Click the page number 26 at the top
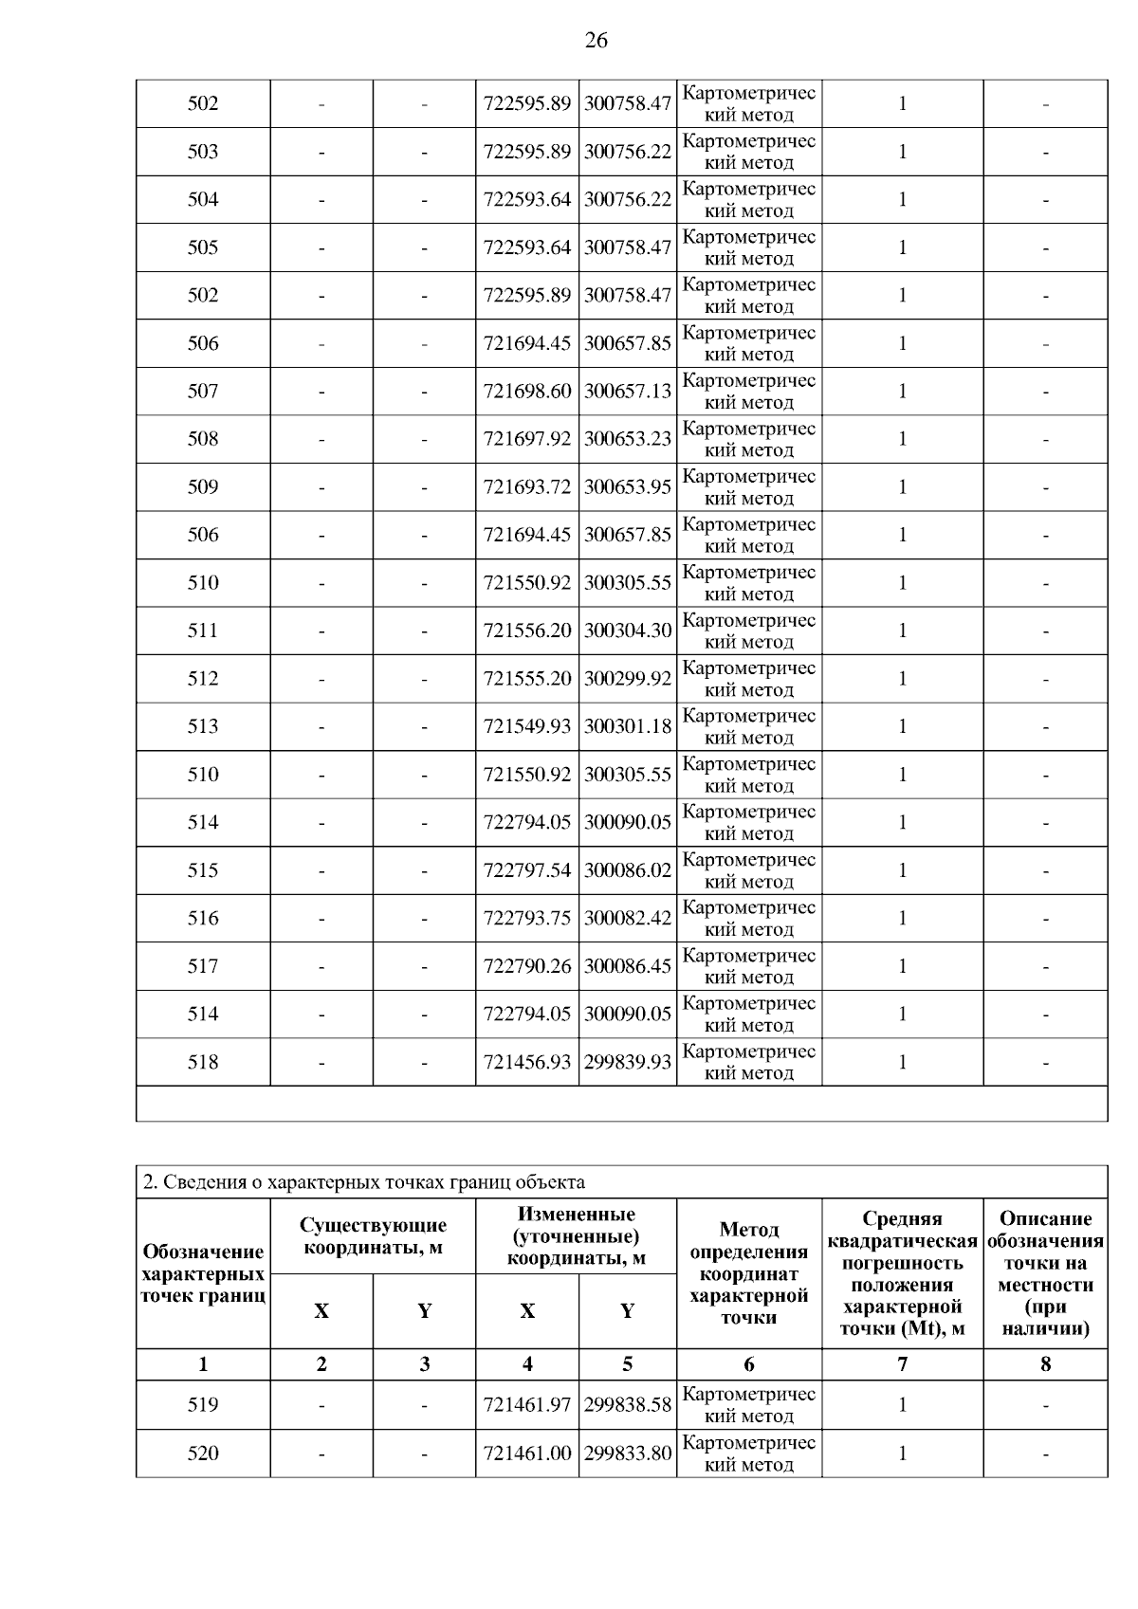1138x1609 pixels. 596,40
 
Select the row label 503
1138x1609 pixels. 203,152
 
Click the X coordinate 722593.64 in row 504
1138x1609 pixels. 527,199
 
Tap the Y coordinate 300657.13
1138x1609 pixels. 628,391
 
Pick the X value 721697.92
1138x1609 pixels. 527,439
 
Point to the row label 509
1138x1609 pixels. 203,487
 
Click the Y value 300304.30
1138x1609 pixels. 628,631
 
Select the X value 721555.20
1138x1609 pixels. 527,679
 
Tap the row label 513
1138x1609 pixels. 203,726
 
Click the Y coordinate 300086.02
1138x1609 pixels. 628,870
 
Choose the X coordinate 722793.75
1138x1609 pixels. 527,918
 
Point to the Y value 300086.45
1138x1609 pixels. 628,966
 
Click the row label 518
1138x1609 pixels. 203,1062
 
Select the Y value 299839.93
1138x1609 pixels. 628,1062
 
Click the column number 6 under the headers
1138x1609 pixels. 749,1364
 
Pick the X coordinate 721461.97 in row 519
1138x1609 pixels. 527,1404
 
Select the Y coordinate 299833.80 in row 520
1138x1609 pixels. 628,1453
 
